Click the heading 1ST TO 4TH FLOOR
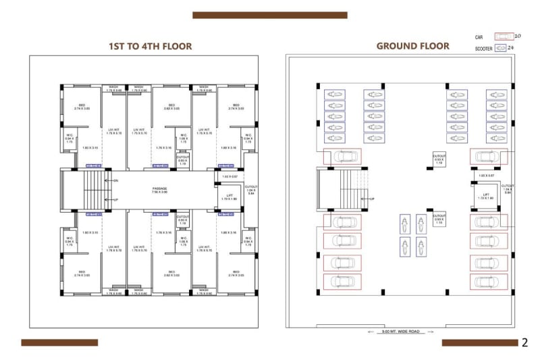tap(151, 47)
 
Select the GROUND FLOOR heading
tap(412, 46)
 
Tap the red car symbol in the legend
tap(503, 36)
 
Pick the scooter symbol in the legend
tap(500, 49)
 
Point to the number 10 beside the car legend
tap(518, 36)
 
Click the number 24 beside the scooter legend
tap(511, 49)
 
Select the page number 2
tap(524, 342)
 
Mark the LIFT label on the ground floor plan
tap(485, 197)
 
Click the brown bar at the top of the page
tap(269, 15)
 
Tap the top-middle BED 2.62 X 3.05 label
tap(171, 107)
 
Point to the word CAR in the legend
tap(479, 36)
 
